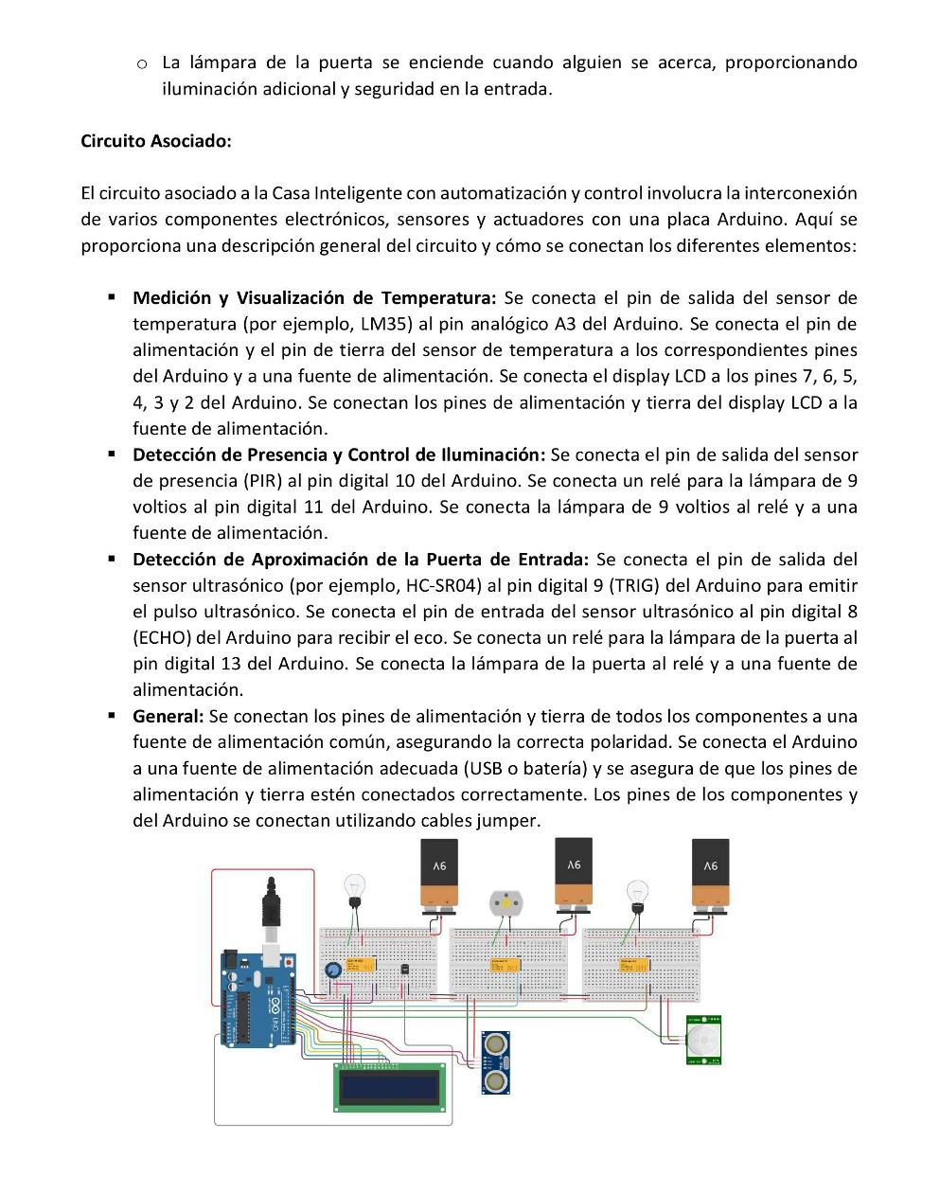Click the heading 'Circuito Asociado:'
(x=156, y=141)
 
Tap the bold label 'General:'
(x=168, y=716)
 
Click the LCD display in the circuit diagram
(x=389, y=1086)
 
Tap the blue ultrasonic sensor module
(x=495, y=1062)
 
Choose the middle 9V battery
(x=574, y=872)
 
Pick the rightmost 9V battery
(x=710, y=873)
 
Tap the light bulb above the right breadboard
(x=637, y=893)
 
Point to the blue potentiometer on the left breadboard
(x=332, y=971)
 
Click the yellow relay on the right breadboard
(x=632, y=964)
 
